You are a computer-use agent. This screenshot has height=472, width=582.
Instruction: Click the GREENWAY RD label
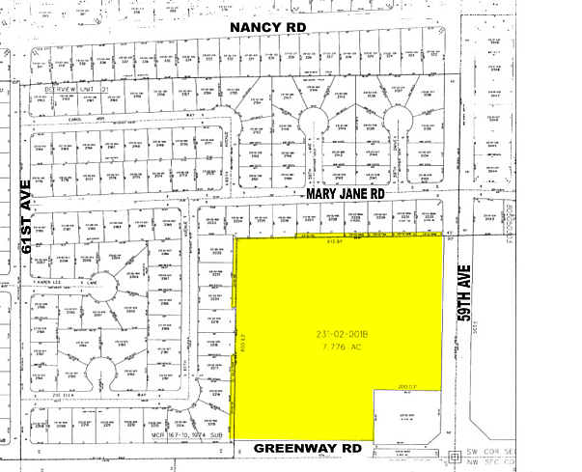(x=309, y=448)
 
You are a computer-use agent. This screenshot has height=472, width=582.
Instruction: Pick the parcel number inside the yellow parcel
(x=340, y=335)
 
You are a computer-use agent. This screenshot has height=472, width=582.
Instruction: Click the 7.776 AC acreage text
(x=340, y=346)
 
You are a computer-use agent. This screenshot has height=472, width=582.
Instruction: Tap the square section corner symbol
(x=456, y=456)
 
